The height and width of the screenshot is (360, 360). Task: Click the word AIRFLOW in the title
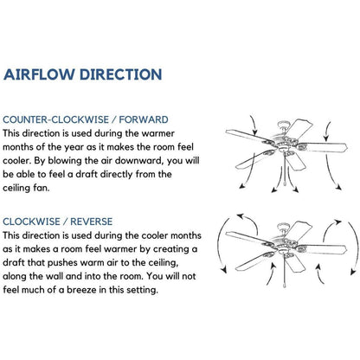[x=39, y=74]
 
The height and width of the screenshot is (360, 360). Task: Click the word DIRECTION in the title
[x=120, y=74]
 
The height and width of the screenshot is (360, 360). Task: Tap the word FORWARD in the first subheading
[x=144, y=119]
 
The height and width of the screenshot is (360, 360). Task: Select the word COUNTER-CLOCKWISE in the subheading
[x=56, y=119]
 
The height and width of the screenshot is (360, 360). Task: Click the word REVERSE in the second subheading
[x=92, y=222]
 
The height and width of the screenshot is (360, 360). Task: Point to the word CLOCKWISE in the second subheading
[x=31, y=222]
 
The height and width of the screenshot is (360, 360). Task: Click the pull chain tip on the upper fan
[x=285, y=185]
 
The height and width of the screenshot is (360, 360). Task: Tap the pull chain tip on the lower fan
[x=285, y=285]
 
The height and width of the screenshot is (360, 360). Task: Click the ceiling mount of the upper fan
[x=282, y=125]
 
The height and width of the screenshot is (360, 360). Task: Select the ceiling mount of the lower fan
[x=282, y=227]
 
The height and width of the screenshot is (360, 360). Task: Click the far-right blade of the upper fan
[x=322, y=147]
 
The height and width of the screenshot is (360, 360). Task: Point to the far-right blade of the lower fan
[x=322, y=249]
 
